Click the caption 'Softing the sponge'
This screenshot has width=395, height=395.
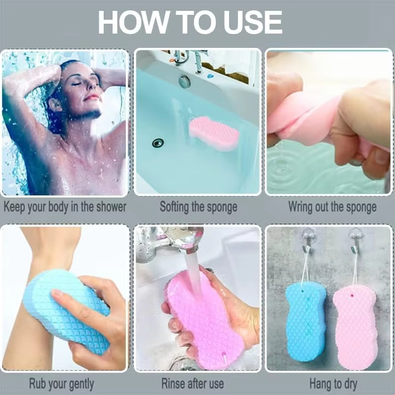pyautogui.click(x=198, y=207)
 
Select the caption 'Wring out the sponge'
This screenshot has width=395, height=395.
pyautogui.click(x=332, y=207)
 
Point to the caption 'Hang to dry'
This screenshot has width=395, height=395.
pyautogui.click(x=333, y=384)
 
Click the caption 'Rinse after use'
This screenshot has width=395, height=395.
pyautogui.click(x=193, y=384)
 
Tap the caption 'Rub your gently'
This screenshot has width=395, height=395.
pyautogui.click(x=61, y=384)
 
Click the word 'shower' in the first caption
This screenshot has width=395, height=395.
pyautogui.click(x=112, y=207)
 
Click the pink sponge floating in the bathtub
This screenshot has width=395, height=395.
pyautogui.click(x=214, y=133)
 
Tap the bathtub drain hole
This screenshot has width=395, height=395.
pyautogui.click(x=158, y=143)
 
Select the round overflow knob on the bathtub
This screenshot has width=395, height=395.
pyautogui.click(x=184, y=82)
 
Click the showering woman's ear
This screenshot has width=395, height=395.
pyautogui.click(x=55, y=104)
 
